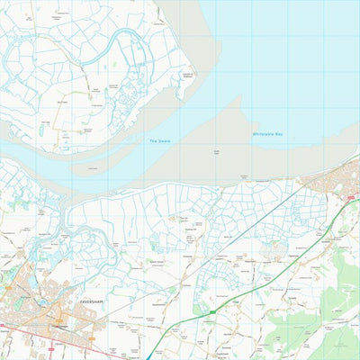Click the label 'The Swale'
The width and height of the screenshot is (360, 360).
click(158, 141)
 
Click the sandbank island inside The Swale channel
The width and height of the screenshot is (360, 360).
click(86, 166)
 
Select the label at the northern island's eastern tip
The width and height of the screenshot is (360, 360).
click(187, 76)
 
